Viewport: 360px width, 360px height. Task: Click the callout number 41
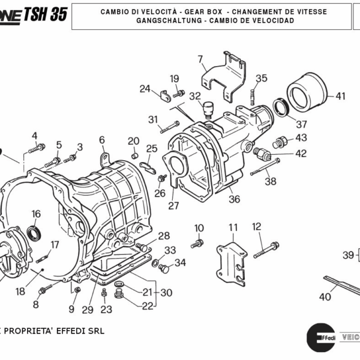point(340,96)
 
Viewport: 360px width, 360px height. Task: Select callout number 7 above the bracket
point(200,59)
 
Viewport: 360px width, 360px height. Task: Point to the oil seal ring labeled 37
point(280,109)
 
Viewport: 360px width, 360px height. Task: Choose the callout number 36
point(234,199)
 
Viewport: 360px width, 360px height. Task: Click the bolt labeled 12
point(266,249)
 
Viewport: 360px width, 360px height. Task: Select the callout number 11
point(233,227)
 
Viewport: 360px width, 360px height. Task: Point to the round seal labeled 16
point(36,232)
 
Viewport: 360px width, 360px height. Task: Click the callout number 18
point(20,292)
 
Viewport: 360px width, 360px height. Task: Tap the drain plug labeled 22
point(119,295)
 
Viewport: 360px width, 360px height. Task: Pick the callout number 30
point(166,293)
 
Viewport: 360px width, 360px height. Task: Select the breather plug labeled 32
point(209,108)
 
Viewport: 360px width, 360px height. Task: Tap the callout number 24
point(145,89)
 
